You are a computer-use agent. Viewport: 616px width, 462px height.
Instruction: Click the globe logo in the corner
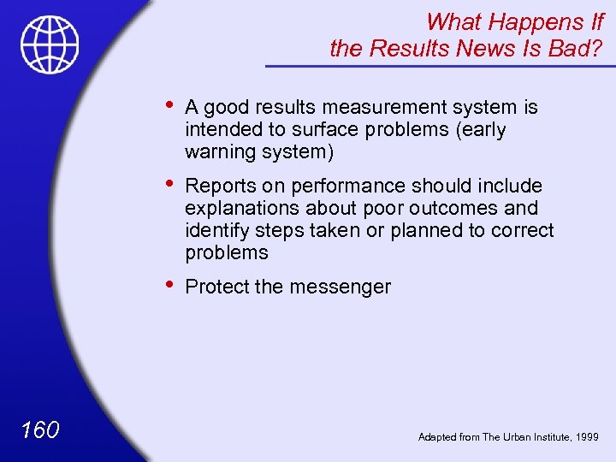coord(50,44)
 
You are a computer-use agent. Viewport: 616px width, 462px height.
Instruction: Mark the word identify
coord(214,230)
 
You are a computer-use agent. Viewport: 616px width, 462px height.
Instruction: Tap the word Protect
coord(216,287)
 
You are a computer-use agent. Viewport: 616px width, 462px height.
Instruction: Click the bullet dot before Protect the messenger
coord(171,285)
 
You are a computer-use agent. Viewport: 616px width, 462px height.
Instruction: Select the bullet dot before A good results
coord(171,105)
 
